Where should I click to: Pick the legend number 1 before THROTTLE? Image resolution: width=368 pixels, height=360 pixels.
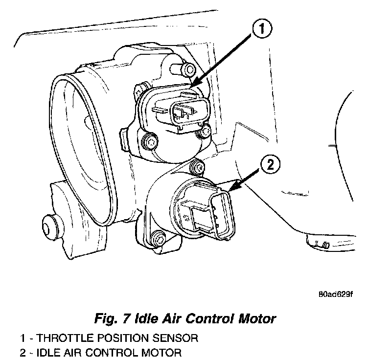click(23, 338)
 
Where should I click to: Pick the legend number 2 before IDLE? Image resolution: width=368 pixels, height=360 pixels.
click(23, 352)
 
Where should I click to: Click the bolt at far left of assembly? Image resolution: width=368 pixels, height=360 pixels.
click(48, 225)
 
